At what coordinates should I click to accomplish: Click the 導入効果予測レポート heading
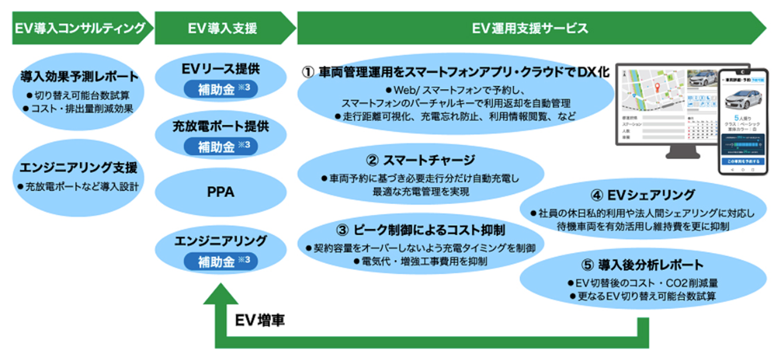tap(79, 76)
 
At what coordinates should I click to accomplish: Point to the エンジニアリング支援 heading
tap(79, 168)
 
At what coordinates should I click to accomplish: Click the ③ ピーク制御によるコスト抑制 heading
tap(422, 230)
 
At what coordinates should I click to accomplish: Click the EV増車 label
tap(260, 320)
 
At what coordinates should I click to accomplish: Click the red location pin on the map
tap(657, 89)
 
